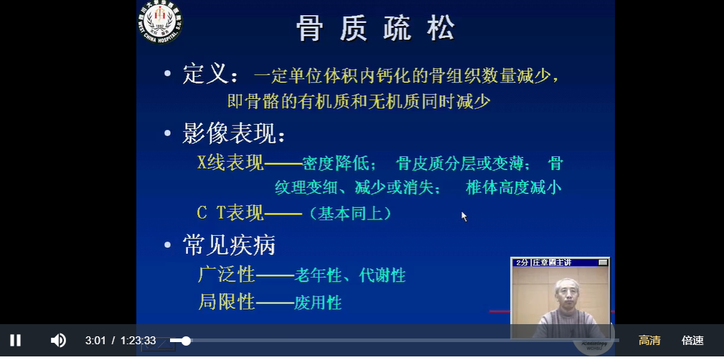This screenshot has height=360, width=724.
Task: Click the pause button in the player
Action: pyautogui.click(x=15, y=340)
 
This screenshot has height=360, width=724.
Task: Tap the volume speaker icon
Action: pyautogui.click(x=58, y=340)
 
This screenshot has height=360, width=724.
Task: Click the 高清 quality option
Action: pyautogui.click(x=649, y=341)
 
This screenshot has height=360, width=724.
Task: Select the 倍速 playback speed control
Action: pyautogui.click(x=692, y=341)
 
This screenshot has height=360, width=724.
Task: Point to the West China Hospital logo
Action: pyautogui.click(x=161, y=22)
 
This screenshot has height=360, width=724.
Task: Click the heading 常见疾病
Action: pyautogui.click(x=229, y=245)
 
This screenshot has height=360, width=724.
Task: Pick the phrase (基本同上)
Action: pyautogui.click(x=350, y=214)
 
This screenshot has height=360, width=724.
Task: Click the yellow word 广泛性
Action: pyautogui.click(x=227, y=274)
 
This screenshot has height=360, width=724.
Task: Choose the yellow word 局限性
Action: pyautogui.click(x=227, y=302)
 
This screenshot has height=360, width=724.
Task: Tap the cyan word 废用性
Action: pyautogui.click(x=318, y=303)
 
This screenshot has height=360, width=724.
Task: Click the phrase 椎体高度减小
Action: pyautogui.click(x=513, y=188)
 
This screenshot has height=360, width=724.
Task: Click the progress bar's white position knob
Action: pyautogui.click(x=186, y=341)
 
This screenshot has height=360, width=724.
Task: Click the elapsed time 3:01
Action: pyautogui.click(x=95, y=341)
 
